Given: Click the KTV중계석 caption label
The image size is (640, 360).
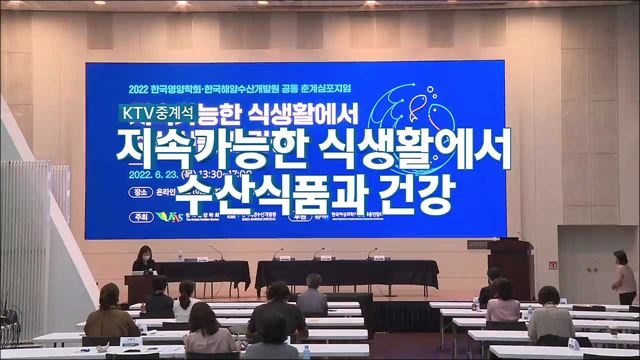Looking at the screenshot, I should click(x=161, y=113).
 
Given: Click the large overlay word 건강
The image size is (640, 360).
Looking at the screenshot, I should click(x=394, y=189).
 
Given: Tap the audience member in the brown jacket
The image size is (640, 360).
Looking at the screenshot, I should click(x=111, y=315).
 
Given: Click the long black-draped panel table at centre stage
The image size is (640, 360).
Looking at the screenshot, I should click(x=346, y=272).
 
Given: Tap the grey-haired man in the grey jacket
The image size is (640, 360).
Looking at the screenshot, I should click(x=311, y=296).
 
